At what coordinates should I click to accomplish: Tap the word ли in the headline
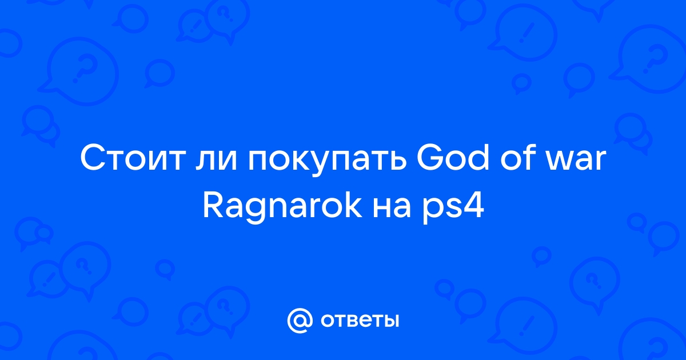pyautogui.click(x=216, y=162)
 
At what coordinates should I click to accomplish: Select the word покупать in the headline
pyautogui.click(x=328, y=162)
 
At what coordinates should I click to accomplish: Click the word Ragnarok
pyautogui.click(x=282, y=207)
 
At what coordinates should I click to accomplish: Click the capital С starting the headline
pyautogui.click(x=93, y=159)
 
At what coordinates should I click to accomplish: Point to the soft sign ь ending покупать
pyautogui.click(x=399, y=162)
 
